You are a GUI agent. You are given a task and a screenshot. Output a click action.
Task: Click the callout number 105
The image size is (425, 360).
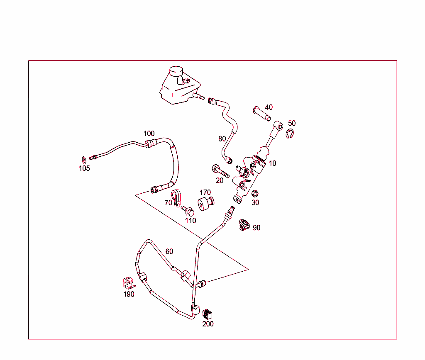84,168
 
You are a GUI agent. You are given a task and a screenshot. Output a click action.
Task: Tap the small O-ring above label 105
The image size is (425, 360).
84,160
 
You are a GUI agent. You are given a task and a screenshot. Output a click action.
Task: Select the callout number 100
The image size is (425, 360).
149,134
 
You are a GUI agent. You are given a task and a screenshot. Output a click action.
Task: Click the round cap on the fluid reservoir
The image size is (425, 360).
176,71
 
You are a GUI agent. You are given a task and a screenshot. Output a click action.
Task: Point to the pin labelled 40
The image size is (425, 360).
261,114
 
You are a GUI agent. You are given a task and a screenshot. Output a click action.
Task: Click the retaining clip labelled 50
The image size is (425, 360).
290,134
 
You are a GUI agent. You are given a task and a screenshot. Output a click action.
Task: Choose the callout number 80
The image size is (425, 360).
222,139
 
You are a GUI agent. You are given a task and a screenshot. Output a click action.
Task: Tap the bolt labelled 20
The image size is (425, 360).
220,171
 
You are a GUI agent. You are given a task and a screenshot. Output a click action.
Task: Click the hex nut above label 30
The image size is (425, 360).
255,194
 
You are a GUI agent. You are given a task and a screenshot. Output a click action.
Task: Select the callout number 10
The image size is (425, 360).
272,163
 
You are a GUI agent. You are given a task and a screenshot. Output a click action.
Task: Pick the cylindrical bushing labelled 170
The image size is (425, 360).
206,203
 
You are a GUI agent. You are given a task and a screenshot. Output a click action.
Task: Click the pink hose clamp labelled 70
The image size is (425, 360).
176,198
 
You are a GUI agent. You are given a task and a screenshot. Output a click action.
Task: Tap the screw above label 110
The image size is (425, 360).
188,211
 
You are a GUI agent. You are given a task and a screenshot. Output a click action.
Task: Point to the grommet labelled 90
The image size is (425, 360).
244,225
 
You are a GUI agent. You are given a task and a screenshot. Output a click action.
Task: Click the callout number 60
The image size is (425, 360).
169,252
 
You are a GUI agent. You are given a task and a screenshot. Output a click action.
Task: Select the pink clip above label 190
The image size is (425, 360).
129,283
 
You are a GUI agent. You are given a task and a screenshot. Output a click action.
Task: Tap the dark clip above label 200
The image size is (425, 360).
208,314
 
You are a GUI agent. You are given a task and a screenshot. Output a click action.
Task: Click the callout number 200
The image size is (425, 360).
208,324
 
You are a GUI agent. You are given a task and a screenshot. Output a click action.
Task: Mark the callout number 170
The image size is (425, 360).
205,192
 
